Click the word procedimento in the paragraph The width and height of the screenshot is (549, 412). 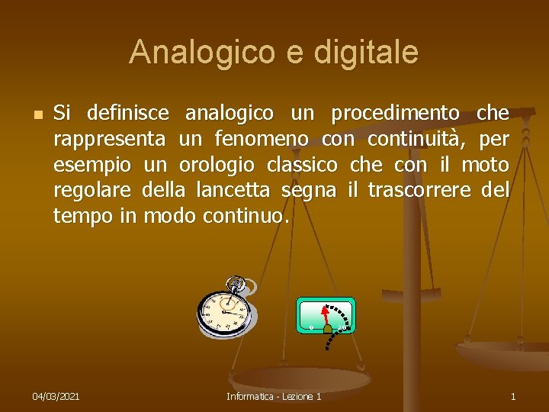click(x=395, y=114)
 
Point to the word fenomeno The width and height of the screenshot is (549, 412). click(x=262, y=140)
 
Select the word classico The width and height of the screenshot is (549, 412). click(x=302, y=166)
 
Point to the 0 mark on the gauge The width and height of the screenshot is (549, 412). click(x=311, y=327)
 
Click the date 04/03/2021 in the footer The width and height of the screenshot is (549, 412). click(x=56, y=397)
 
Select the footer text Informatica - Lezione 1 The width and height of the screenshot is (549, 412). click(x=274, y=397)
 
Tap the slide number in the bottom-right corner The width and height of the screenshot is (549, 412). click(x=513, y=397)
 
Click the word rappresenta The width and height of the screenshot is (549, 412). click(x=109, y=140)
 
